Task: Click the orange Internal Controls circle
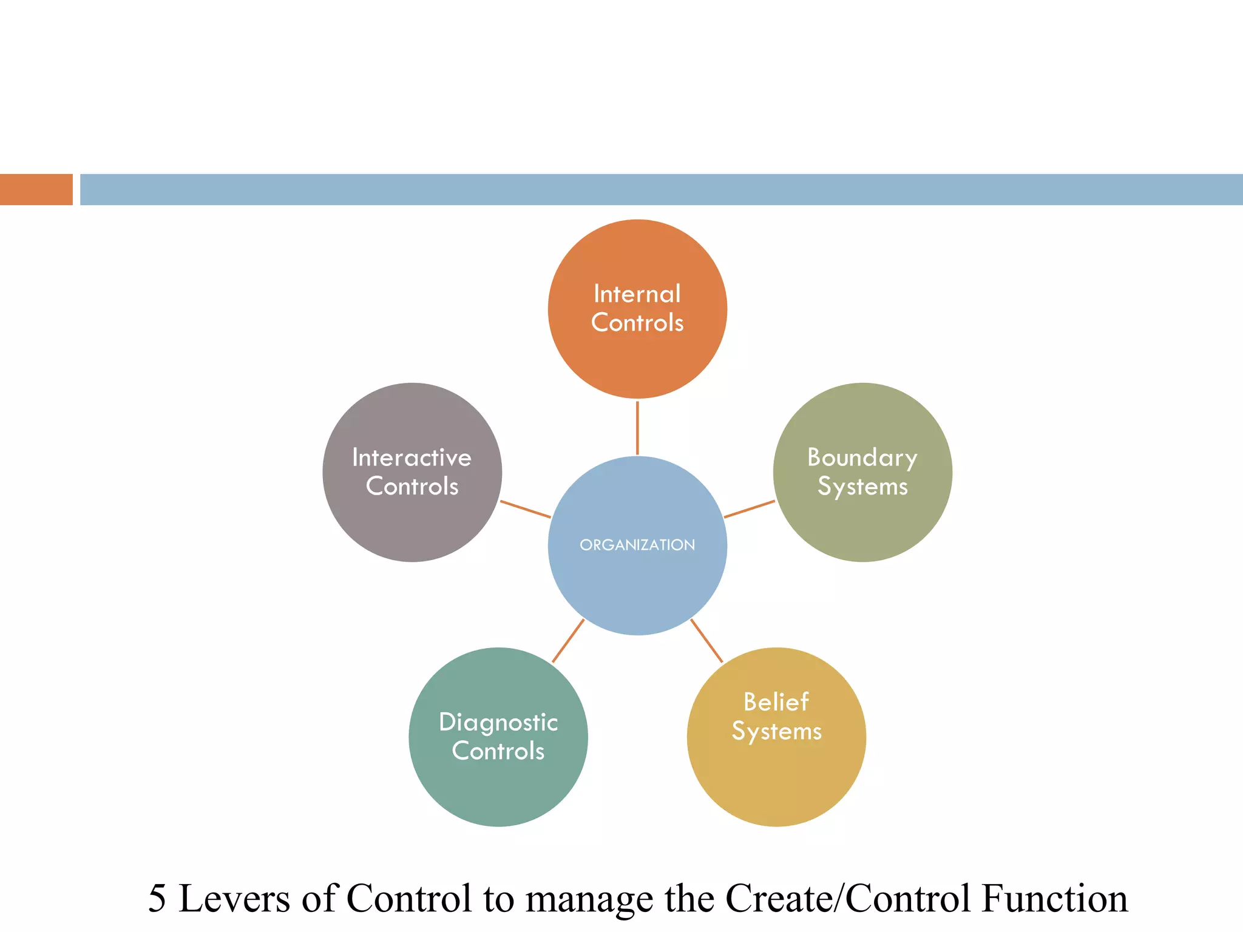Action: pyautogui.click(x=637, y=358)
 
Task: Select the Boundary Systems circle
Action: pyautogui.click(x=862, y=522)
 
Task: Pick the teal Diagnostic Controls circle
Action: pyautogui.click(x=498, y=789)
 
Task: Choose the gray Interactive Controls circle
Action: pyautogui.click(x=412, y=522)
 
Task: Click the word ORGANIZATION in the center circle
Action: pyautogui.click(x=637, y=545)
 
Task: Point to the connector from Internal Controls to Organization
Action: pyautogui.click(x=637, y=427)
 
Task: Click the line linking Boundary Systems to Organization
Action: pyautogui.click(x=750, y=509)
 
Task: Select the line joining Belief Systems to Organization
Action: pyautogui.click(x=706, y=641)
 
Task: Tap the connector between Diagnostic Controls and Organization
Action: pyautogui.click(x=568, y=641)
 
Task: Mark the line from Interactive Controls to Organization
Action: pyautogui.click(x=525, y=509)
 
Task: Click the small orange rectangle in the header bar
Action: pyautogui.click(x=36, y=189)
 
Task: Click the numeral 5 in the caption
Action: pyautogui.click(x=157, y=899)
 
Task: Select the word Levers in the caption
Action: pyautogui.click(x=234, y=899)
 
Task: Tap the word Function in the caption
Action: pyautogui.click(x=1055, y=899)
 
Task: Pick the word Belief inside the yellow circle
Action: pyautogui.click(x=776, y=702)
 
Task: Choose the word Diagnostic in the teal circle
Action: pyautogui.click(x=498, y=723)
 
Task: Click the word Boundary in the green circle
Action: pyautogui.click(x=862, y=458)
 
